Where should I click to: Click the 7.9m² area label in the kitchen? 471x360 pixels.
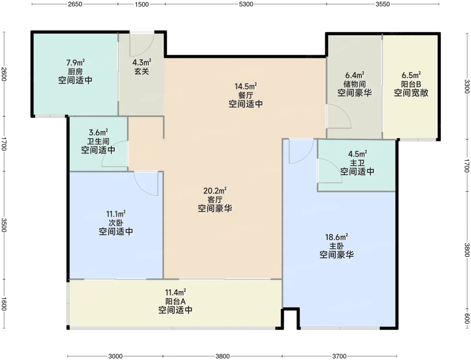[x=75, y=63]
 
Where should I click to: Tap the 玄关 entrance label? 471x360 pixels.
[x=142, y=71]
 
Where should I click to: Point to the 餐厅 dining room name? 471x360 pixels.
[x=246, y=95]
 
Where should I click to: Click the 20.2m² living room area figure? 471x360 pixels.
[x=215, y=191]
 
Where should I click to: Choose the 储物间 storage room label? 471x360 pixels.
[x=355, y=84]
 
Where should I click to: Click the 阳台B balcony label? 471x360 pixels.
[x=411, y=84]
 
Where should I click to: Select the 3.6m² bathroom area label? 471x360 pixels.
[x=98, y=132]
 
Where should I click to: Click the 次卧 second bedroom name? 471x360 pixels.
[x=116, y=223]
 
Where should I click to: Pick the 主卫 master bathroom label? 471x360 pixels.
[x=357, y=163]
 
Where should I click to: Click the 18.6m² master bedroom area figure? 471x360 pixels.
[x=336, y=237]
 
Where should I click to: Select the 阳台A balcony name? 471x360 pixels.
[x=175, y=302]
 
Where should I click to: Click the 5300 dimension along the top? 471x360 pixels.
[x=246, y=4]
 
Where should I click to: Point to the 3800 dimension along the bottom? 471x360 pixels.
[x=222, y=356]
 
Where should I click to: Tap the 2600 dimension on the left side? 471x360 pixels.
[x=4, y=74]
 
